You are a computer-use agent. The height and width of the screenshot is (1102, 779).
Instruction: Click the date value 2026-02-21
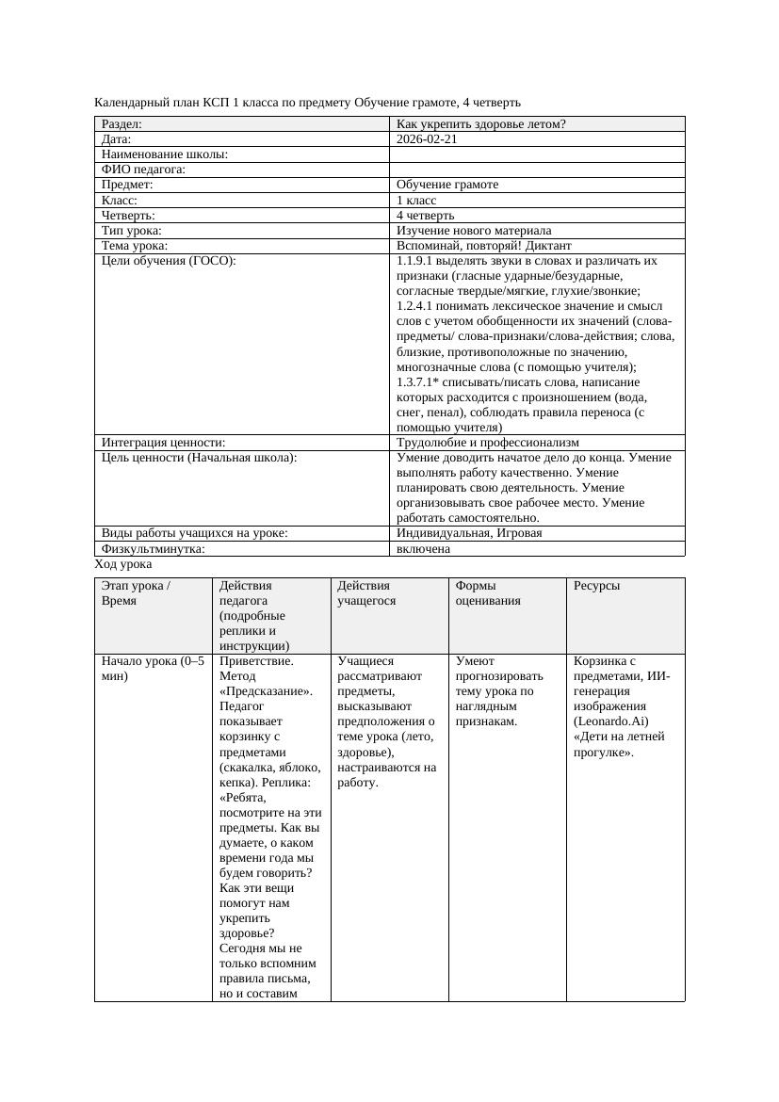[427, 139]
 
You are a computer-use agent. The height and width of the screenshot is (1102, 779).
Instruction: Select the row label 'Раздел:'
[122, 124]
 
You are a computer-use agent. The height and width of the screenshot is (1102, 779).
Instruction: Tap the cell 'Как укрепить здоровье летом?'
[480, 124]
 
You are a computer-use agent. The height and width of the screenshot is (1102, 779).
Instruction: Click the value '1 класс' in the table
[416, 201]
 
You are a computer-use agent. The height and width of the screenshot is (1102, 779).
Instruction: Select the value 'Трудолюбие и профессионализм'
[487, 443]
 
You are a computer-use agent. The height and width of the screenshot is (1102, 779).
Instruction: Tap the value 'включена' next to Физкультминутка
[423, 549]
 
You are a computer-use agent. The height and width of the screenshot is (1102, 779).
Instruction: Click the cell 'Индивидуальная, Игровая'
[469, 533]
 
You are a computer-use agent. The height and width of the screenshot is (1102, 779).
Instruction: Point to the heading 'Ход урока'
[123, 564]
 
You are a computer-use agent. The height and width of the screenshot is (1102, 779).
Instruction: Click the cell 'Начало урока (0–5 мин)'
[152, 669]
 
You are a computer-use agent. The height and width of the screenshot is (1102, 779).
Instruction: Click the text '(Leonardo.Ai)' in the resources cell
[611, 721]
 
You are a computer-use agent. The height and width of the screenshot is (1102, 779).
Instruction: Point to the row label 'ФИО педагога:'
[143, 170]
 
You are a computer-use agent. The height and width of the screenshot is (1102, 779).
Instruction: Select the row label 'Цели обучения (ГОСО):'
[169, 261]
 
